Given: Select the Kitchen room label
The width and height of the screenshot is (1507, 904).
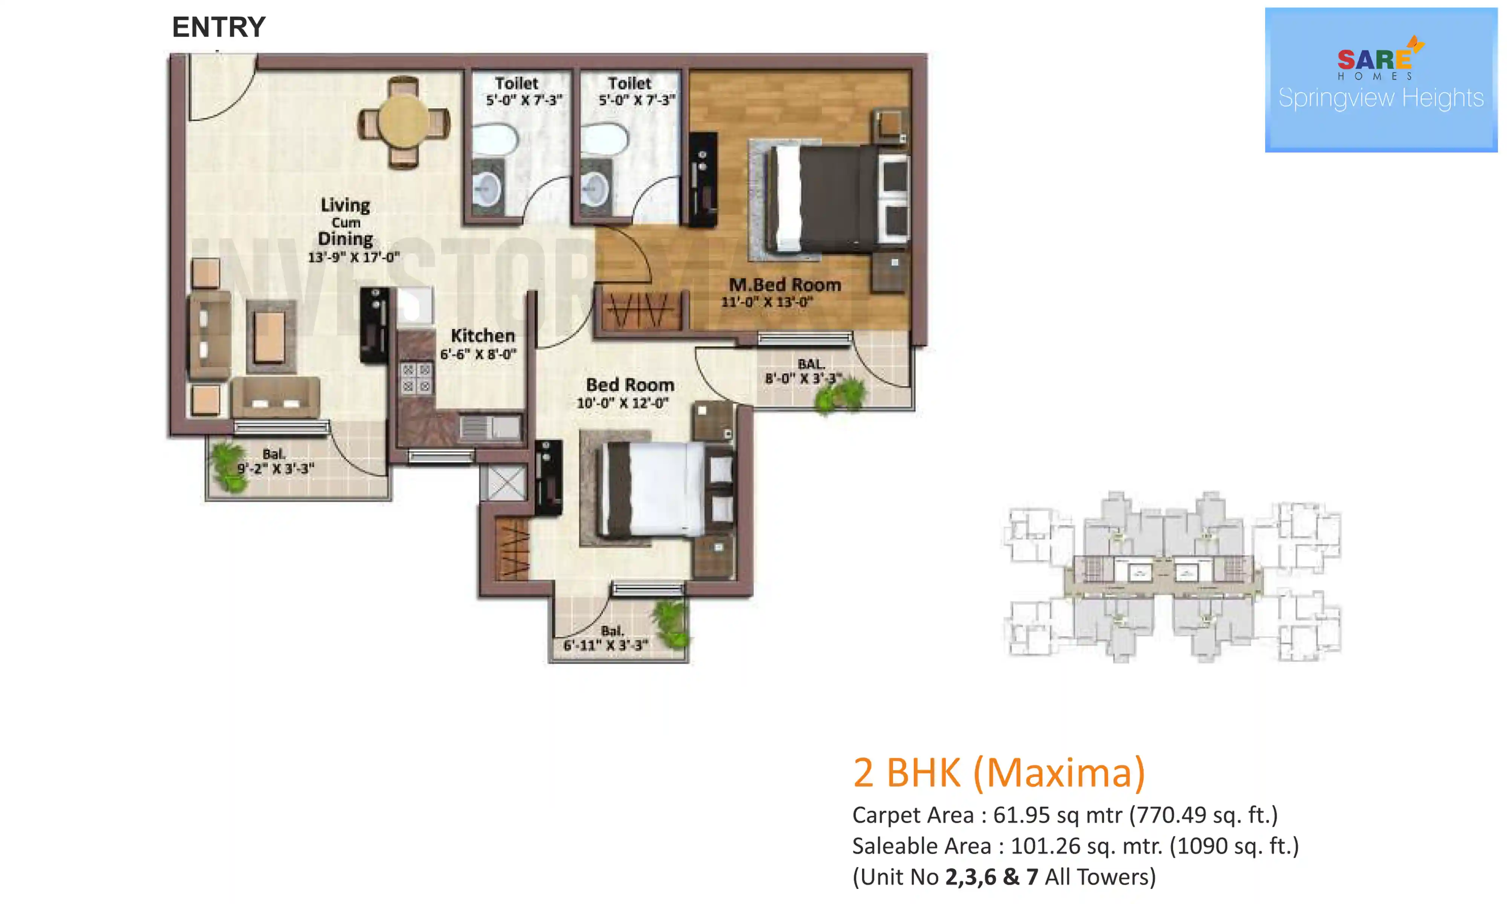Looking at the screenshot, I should (x=483, y=336).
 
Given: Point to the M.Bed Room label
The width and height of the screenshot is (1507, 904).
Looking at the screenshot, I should (x=784, y=284).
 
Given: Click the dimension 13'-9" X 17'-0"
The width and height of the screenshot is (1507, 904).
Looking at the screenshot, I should (x=353, y=257).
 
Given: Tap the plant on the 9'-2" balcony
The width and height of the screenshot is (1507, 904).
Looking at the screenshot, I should (x=228, y=466).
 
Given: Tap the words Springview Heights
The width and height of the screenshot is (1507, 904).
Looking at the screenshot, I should (x=1380, y=98).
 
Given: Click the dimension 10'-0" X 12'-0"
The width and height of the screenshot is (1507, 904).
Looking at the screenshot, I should (x=622, y=403).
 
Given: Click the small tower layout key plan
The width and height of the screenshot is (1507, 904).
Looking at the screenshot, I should (x=1171, y=577).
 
